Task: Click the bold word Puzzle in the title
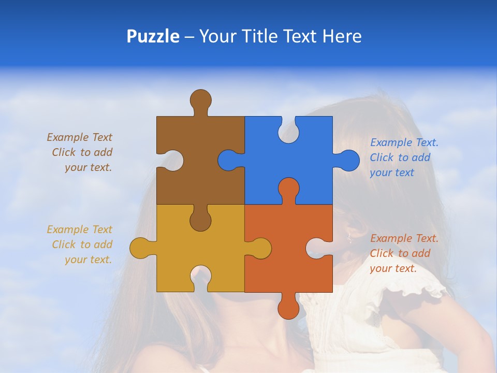(x=153, y=36)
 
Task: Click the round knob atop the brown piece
(x=200, y=100)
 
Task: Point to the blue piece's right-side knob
(x=348, y=160)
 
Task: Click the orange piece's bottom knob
(x=288, y=308)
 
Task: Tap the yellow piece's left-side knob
(x=140, y=248)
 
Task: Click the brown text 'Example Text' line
(x=80, y=137)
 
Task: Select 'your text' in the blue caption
(x=392, y=173)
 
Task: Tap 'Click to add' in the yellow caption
(x=82, y=245)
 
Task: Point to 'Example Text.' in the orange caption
(x=404, y=238)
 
